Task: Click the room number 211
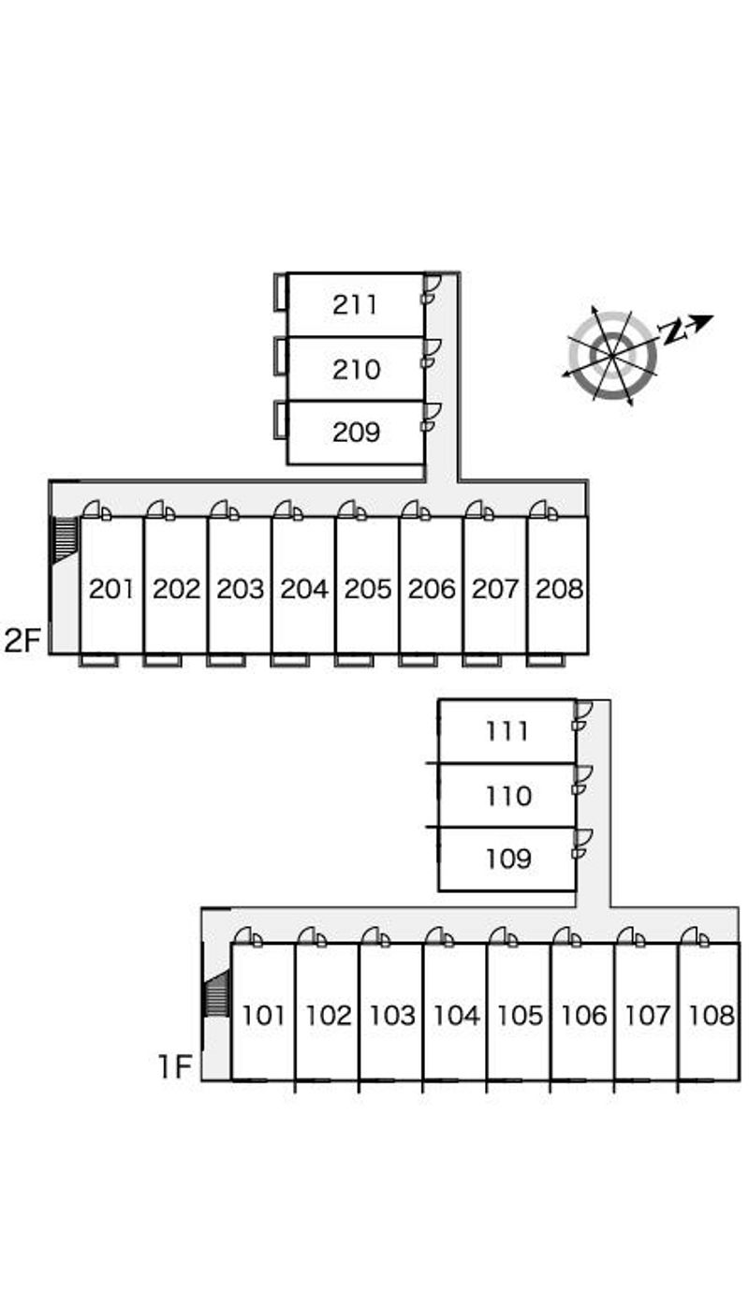pyautogui.click(x=355, y=304)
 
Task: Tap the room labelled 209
pyautogui.click(x=356, y=432)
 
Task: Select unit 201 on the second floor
pyautogui.click(x=111, y=588)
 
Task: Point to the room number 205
pyautogui.click(x=367, y=588)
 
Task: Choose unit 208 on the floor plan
pyautogui.click(x=559, y=588)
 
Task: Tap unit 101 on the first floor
pyautogui.click(x=263, y=1015)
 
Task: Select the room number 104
pyautogui.click(x=456, y=1015)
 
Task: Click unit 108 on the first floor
pyautogui.click(x=712, y=1015)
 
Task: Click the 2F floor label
pyautogui.click(x=23, y=641)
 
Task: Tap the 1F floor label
pyautogui.click(x=175, y=1066)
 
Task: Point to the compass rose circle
pyautogui.click(x=612, y=356)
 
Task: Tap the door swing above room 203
pyautogui.click(x=224, y=509)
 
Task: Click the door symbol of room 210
pyautogui.click(x=431, y=352)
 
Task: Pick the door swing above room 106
pyautogui.click(x=565, y=935)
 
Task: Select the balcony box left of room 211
pyautogui.click(x=280, y=292)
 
